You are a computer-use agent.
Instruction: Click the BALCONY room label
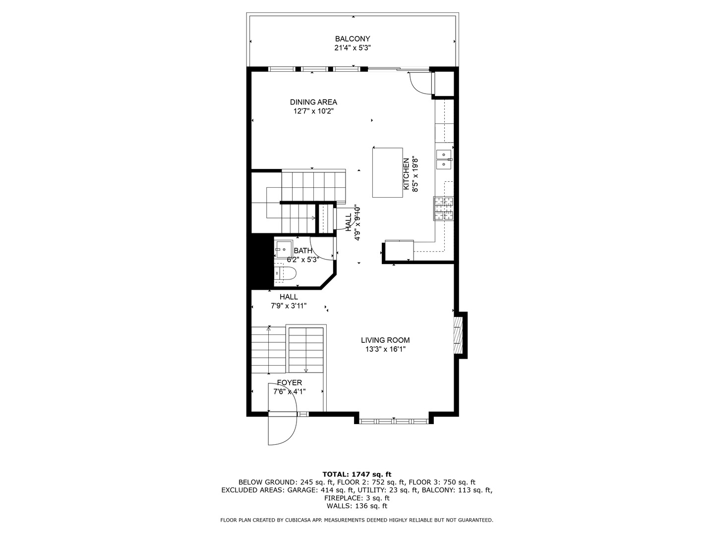tap(352, 39)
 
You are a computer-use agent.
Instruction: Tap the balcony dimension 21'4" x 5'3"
tap(352, 48)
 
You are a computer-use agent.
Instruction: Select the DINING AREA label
tap(313, 102)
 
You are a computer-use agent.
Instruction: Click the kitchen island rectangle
tap(388, 172)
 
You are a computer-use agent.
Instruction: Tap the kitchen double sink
tap(443, 159)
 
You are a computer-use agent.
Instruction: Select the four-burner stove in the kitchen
tap(444, 208)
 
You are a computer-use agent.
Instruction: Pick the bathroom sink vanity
tap(284, 248)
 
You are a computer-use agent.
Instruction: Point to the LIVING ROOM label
tap(385, 340)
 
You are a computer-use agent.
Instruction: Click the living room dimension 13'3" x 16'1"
tap(385, 349)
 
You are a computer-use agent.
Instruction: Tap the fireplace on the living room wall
tap(459, 334)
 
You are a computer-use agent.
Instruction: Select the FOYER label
tap(290, 383)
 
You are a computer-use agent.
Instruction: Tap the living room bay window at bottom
tap(394, 421)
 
